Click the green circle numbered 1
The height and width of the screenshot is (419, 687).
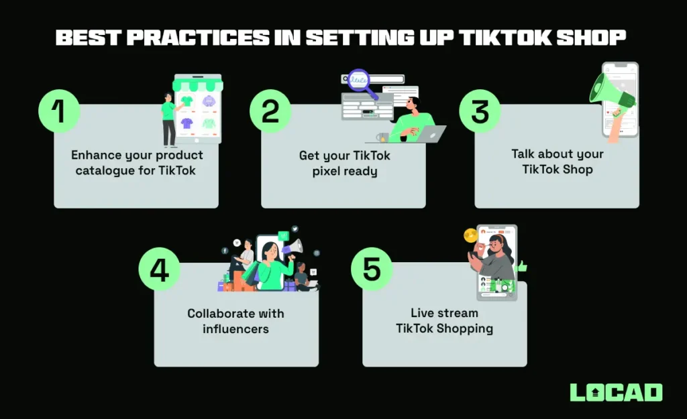59,111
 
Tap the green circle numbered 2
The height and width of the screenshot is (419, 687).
270,111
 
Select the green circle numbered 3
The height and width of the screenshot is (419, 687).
480,111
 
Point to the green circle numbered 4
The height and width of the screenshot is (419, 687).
160,270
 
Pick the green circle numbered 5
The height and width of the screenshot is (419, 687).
371,270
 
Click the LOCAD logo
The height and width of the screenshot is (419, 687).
616,392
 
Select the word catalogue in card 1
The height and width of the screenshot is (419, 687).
106,170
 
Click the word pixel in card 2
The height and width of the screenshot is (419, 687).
327,171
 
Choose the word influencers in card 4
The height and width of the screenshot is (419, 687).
235,328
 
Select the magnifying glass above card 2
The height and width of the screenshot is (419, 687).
361,82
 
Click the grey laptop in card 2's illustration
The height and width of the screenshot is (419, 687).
427,134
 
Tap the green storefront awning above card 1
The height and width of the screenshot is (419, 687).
197,85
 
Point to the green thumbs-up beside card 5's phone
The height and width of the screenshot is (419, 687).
522,266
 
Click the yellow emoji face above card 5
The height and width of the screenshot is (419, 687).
470,235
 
